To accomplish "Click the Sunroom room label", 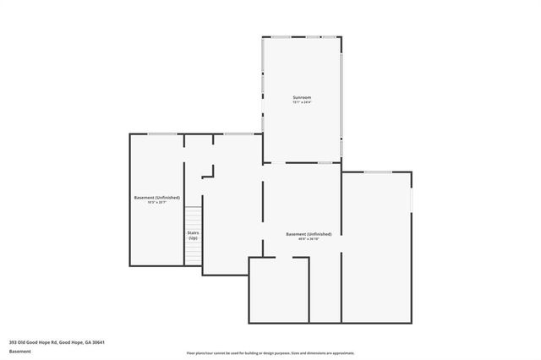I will (302, 98).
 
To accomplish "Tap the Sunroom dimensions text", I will (302, 103).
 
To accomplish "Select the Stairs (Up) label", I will (193, 234).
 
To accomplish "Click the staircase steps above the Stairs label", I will (193, 216).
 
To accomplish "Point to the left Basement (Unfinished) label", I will (157, 197).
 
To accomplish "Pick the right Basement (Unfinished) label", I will (309, 233).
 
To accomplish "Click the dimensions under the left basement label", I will (157, 203).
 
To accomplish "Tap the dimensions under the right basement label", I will (309, 239).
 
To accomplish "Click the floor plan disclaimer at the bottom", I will (270, 353).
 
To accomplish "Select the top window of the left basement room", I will (162, 134).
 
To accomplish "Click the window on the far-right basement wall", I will (412, 199).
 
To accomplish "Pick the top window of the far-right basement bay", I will (377, 172).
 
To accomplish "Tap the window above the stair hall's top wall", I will (238, 134).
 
